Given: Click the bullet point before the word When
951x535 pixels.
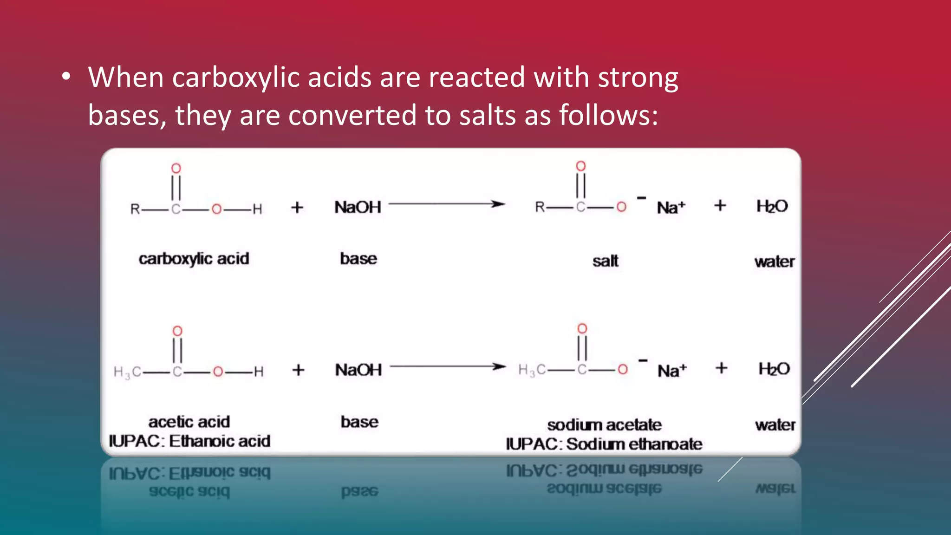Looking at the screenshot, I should click(x=66, y=77).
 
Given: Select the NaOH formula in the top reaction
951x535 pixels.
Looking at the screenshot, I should click(x=358, y=207).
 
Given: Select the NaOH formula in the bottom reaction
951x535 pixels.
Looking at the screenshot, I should click(x=358, y=370).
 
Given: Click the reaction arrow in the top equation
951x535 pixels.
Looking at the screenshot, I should click(x=446, y=204).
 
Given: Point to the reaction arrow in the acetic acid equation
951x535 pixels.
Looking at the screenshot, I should click(x=448, y=367).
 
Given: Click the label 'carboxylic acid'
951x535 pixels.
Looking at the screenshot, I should click(x=194, y=259).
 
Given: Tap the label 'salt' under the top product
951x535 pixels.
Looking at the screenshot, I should click(x=605, y=261).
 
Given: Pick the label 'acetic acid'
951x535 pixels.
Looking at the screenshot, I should click(x=189, y=422).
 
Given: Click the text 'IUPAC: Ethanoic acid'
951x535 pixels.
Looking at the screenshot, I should click(x=189, y=441).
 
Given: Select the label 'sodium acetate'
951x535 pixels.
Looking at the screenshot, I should click(x=604, y=424).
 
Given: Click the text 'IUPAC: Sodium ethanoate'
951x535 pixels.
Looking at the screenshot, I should click(x=604, y=444).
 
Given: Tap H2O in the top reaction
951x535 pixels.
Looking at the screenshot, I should click(x=772, y=206).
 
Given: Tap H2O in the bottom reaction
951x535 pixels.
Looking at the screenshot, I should click(x=774, y=369).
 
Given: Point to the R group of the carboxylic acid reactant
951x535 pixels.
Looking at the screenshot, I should click(x=135, y=209).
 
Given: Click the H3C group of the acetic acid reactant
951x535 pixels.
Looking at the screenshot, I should click(x=127, y=372).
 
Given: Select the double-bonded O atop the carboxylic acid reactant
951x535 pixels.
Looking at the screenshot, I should click(x=176, y=168).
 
